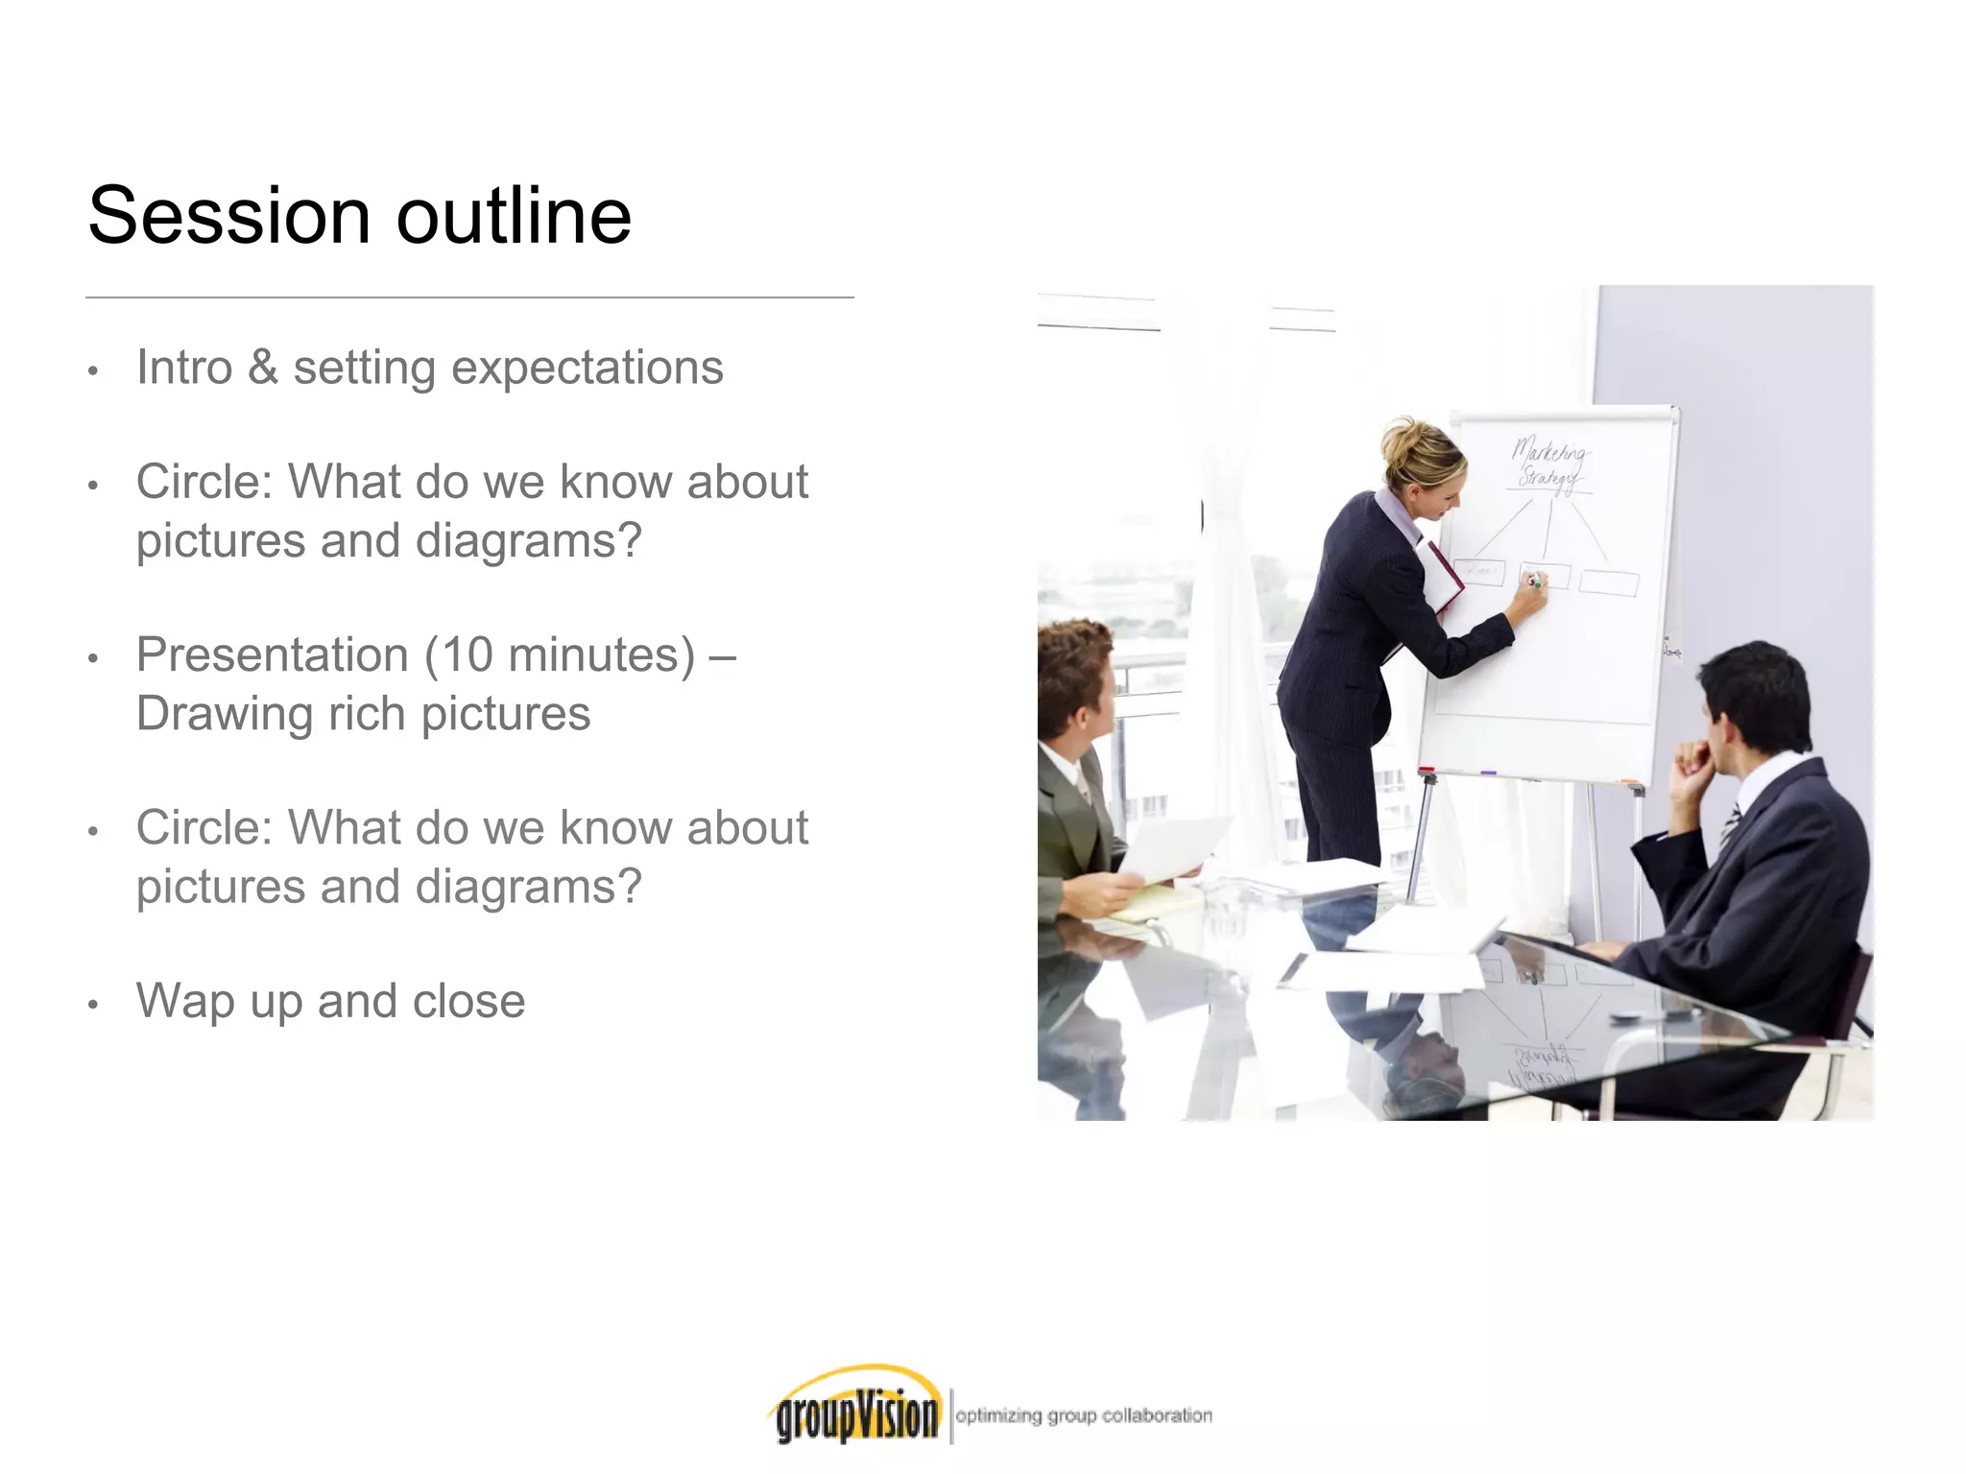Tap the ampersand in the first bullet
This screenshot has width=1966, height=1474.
coord(262,368)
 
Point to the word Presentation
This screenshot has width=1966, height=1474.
coord(273,655)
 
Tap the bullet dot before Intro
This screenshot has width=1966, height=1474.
coord(93,371)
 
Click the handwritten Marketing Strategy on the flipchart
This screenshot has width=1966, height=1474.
coord(1548,464)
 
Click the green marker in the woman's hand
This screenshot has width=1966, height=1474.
coord(1534,582)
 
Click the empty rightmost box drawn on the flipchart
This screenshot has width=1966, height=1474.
coord(1608,582)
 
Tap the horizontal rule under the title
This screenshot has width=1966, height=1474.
coord(469,297)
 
